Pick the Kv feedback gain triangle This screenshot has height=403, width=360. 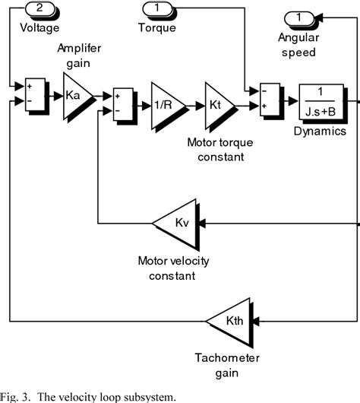tap(178, 223)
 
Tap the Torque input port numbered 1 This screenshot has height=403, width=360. tap(156, 9)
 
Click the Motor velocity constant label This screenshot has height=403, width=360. tap(173, 268)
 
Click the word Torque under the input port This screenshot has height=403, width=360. tap(157, 27)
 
